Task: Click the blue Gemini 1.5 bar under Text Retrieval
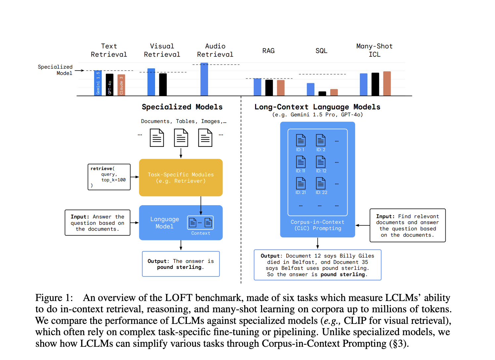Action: click(x=98, y=83)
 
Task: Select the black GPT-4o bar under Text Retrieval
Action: click(x=109, y=85)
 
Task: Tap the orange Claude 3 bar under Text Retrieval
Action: click(x=121, y=85)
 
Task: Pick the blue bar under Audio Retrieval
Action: click(x=204, y=79)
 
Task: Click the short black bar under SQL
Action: click(x=322, y=93)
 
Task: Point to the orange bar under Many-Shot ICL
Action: click(x=387, y=84)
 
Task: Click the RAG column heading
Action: click(x=268, y=51)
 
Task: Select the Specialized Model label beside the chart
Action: click(x=55, y=70)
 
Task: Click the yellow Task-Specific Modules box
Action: click(x=181, y=178)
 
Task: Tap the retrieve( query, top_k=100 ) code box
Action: click(x=109, y=177)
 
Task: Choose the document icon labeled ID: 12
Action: click(x=321, y=162)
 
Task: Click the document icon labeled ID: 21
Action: click(x=301, y=183)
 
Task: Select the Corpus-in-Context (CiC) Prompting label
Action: click(x=317, y=225)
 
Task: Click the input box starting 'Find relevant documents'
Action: click(x=407, y=225)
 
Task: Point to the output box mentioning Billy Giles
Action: click(x=317, y=265)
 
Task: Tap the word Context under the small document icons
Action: click(x=200, y=233)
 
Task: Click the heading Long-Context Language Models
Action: click(x=317, y=107)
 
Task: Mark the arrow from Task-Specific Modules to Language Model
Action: click(x=201, y=206)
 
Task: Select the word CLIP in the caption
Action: click(x=355, y=321)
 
